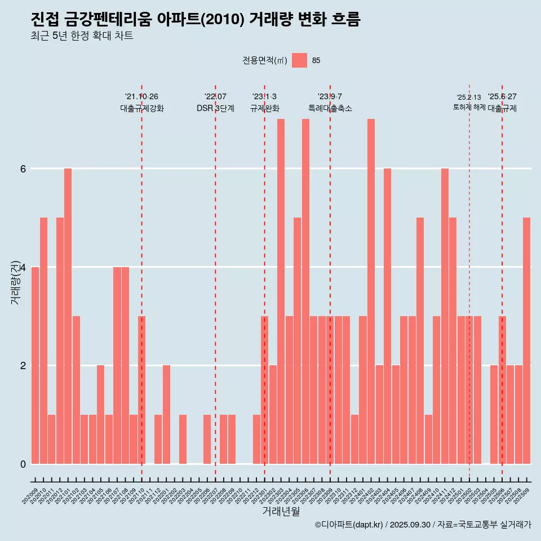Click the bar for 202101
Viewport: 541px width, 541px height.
pos(68,316)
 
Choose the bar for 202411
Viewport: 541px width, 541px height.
pos(445,316)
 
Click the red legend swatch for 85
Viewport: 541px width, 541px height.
pos(299,60)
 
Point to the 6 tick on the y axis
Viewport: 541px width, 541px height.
pos(23,168)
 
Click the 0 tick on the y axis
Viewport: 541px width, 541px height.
pos(23,464)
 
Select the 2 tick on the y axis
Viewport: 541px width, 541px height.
pos(23,365)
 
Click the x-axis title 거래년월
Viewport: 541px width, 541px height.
pos(281,511)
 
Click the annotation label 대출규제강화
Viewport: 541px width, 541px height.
pos(141,108)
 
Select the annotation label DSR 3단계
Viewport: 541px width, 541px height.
pos(215,108)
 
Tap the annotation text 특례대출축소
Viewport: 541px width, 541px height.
pos(330,108)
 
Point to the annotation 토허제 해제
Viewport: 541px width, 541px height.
pos(469,107)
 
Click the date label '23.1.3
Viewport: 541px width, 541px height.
pos(264,96)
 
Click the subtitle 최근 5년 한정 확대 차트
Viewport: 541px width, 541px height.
pos(82,36)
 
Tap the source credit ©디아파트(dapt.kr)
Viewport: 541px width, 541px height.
pos(349,525)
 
